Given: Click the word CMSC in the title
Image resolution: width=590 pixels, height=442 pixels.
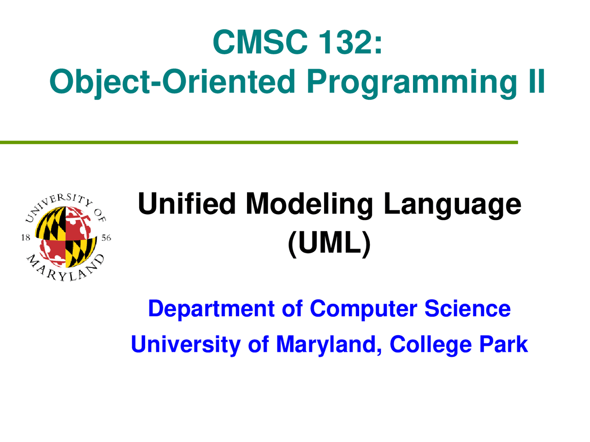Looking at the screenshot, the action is click(260, 42).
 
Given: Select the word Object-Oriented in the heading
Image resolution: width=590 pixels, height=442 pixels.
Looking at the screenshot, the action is click(172, 81).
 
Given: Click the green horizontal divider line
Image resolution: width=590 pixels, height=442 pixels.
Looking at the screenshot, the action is click(259, 142).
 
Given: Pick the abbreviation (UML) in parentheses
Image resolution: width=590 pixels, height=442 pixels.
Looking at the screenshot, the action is click(329, 243).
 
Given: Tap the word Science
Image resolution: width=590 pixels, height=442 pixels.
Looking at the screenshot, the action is click(467, 308).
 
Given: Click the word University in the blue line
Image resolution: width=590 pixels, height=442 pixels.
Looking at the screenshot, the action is click(186, 345).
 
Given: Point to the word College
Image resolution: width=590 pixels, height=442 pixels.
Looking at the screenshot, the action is click(431, 345).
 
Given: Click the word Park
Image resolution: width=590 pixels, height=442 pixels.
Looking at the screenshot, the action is click(503, 344).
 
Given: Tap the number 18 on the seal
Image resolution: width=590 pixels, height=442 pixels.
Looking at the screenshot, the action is click(26, 238).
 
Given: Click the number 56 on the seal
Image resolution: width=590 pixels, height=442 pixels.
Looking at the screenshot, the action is click(106, 238).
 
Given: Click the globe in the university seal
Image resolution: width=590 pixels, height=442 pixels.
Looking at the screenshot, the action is click(66, 237).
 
